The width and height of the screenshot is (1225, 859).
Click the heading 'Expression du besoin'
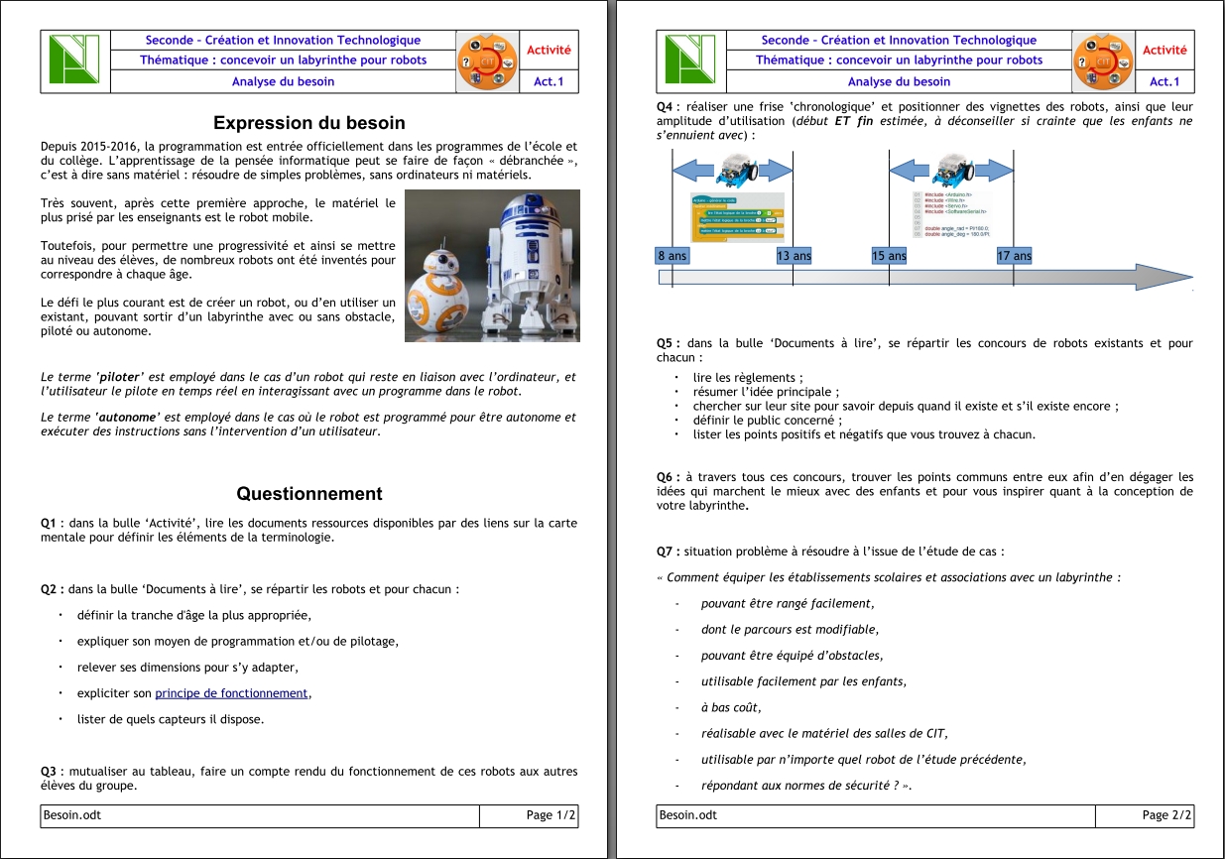click(x=309, y=123)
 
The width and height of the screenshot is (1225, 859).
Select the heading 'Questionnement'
click(x=309, y=493)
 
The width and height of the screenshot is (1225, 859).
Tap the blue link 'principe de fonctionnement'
click(x=232, y=693)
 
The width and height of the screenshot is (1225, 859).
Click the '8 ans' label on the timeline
click(x=672, y=256)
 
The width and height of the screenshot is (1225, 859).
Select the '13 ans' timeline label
click(x=794, y=256)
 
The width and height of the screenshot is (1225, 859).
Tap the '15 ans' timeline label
click(x=889, y=256)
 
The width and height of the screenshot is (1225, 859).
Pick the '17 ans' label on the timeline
click(x=1014, y=256)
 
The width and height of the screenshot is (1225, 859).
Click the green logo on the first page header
click(x=74, y=61)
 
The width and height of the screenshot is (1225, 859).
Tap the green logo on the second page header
click(x=690, y=61)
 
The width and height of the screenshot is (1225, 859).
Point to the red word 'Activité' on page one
click(x=549, y=50)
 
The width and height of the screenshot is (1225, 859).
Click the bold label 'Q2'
click(x=52, y=588)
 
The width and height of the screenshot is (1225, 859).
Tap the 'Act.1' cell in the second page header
click(x=1164, y=82)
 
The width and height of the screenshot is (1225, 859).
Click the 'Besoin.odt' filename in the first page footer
click(x=72, y=815)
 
